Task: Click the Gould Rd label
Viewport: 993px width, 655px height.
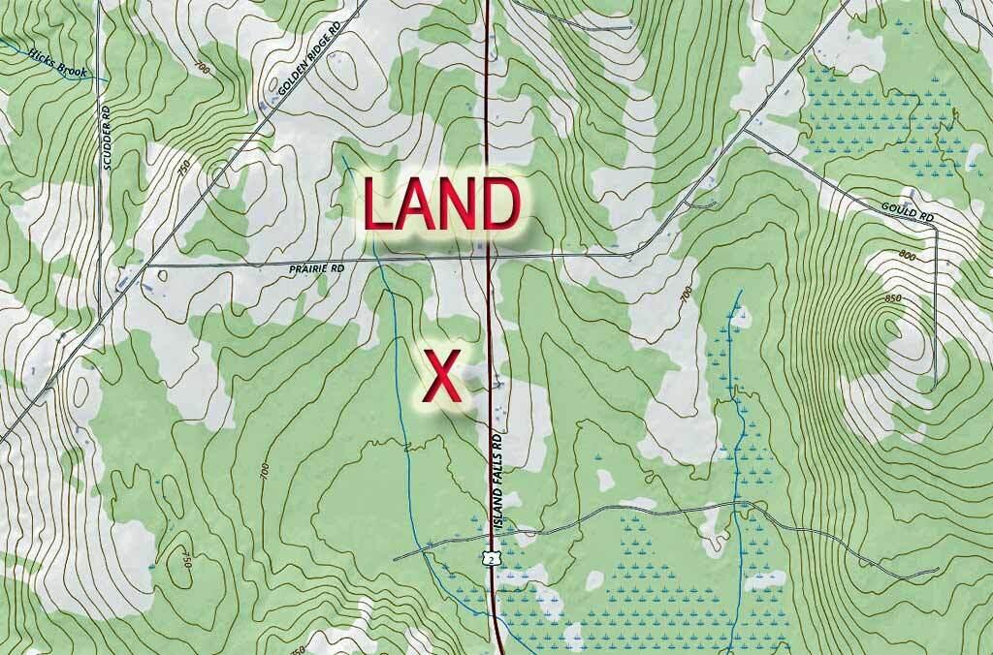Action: pos(907,212)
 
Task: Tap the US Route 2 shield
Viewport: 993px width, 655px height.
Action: pos(493,556)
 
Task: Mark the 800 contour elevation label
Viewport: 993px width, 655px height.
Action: pos(908,256)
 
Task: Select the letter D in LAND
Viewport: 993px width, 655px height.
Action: pos(502,204)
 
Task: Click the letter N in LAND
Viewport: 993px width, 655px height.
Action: pos(462,204)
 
